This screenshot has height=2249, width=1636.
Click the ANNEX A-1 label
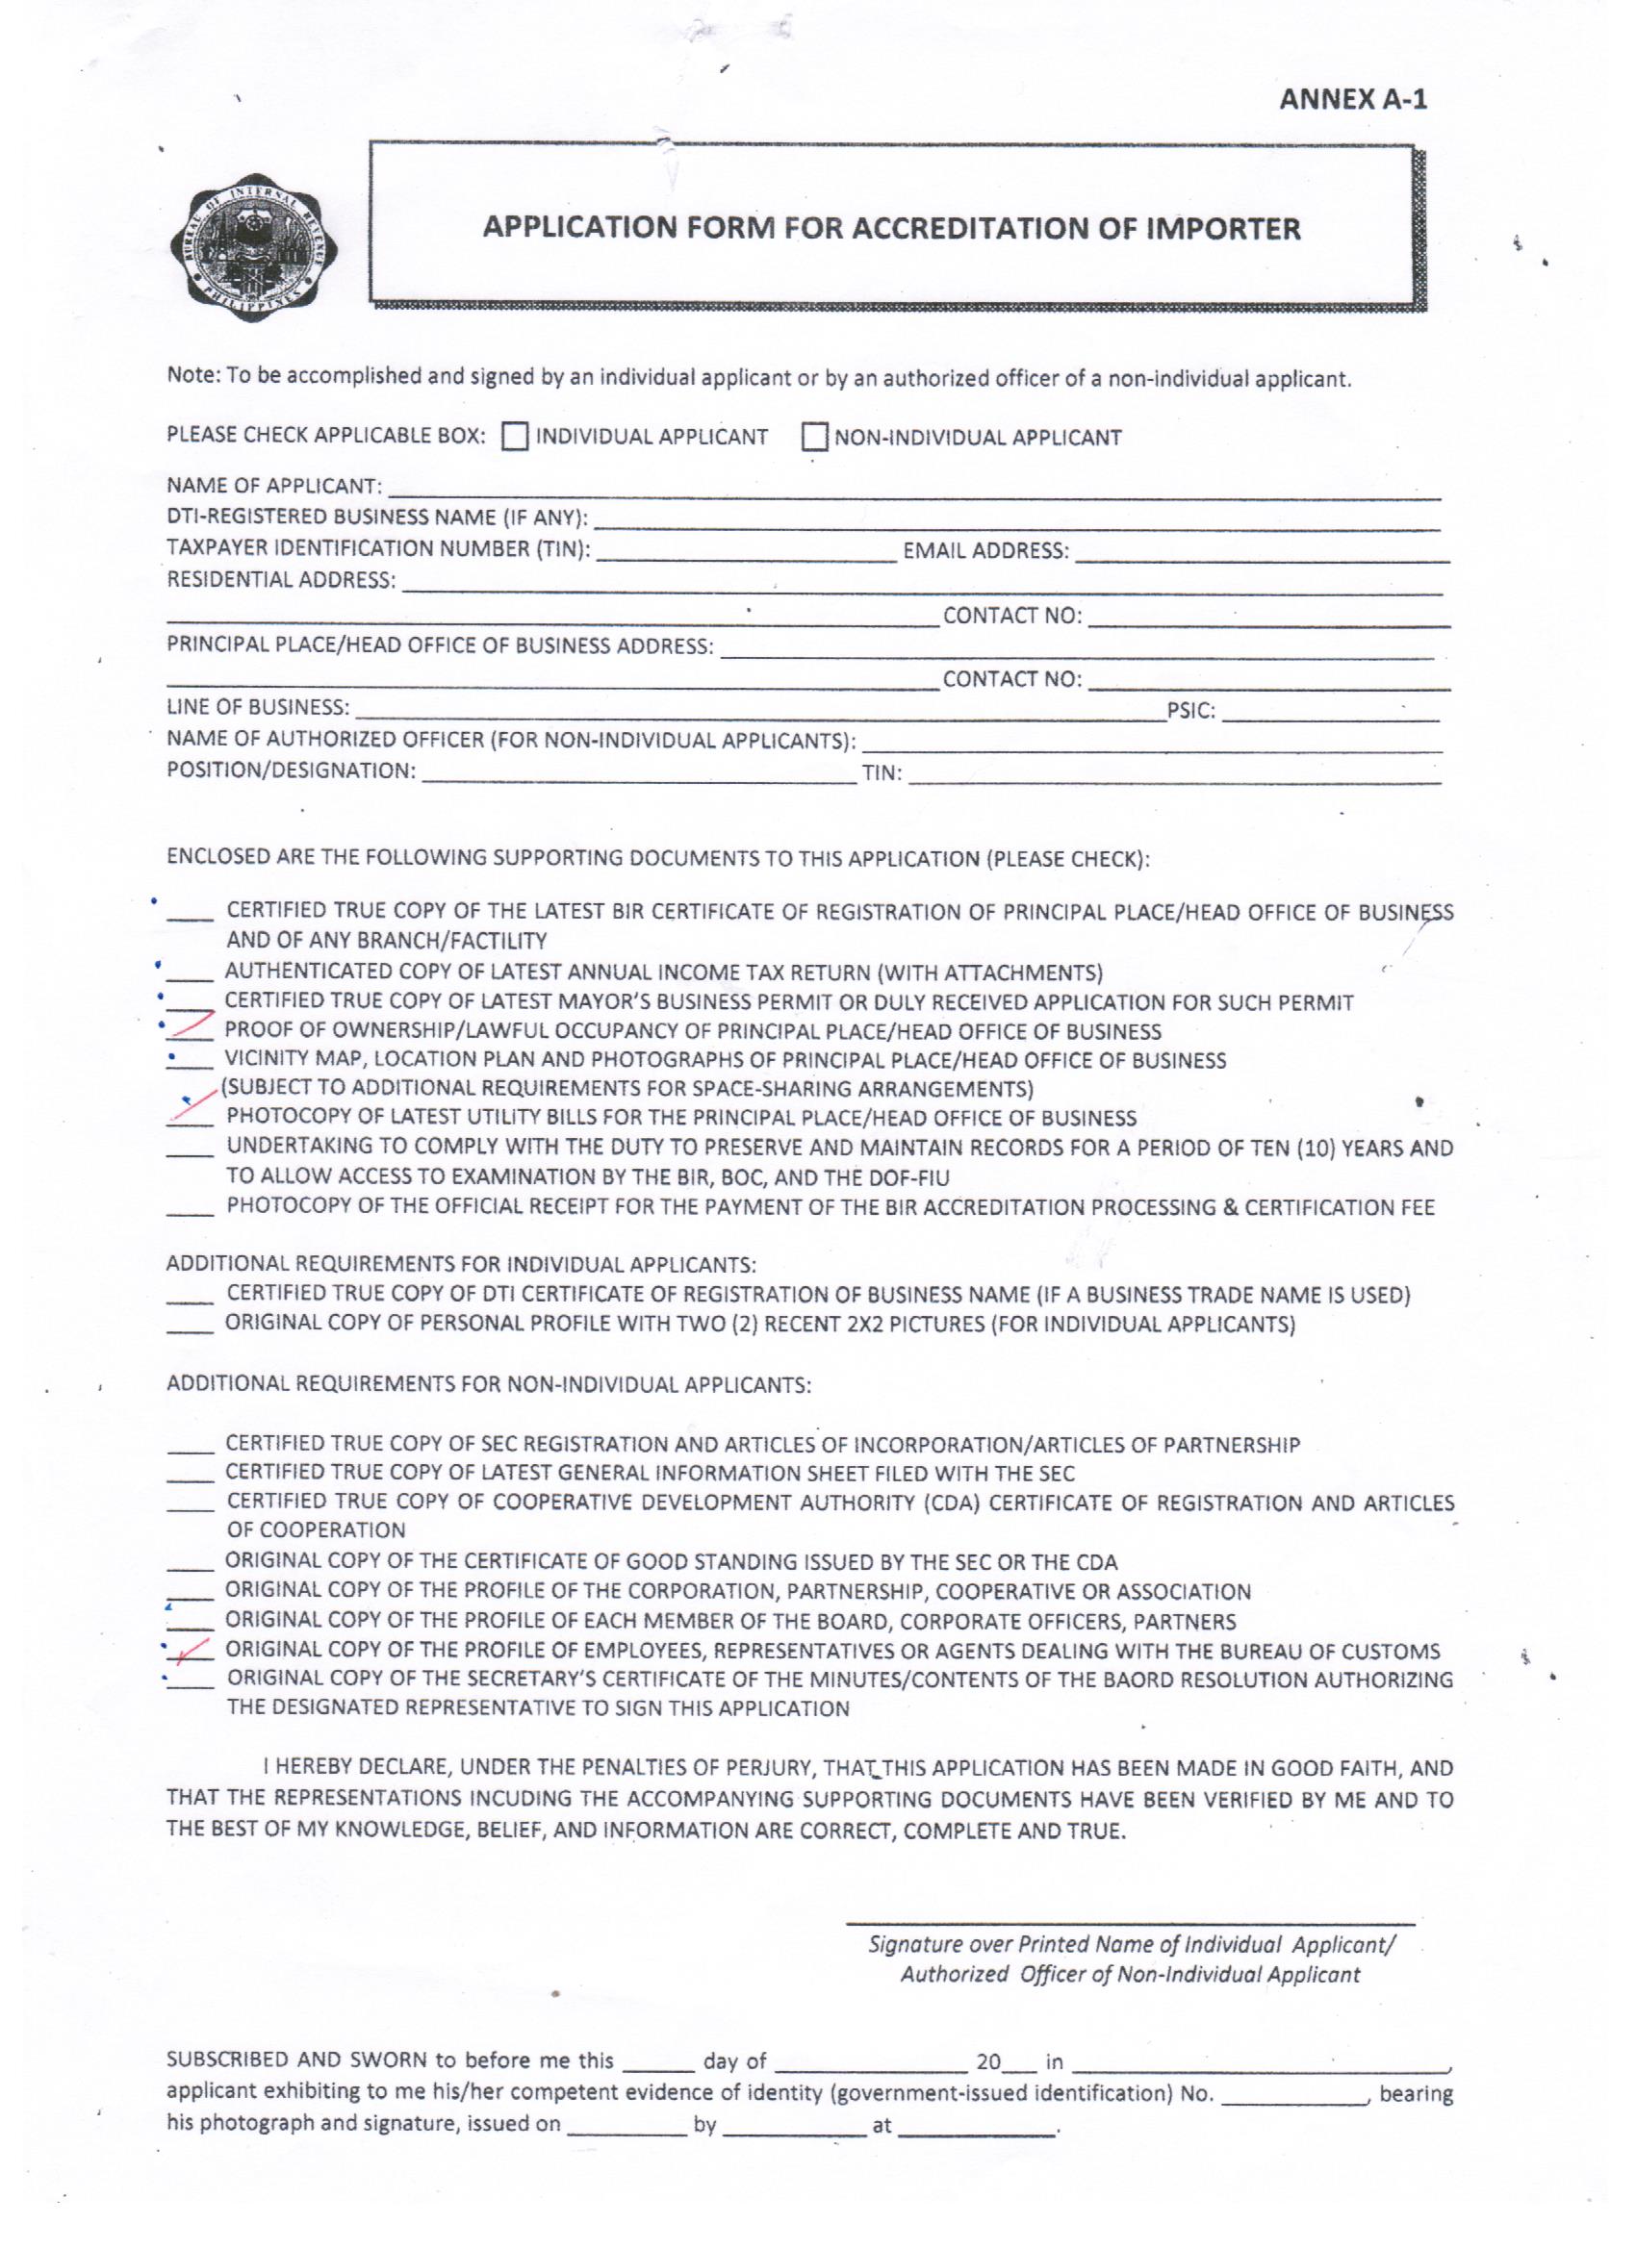(x=1352, y=100)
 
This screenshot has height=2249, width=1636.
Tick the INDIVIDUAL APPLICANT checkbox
(x=514, y=438)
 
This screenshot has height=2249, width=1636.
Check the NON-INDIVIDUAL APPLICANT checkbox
(x=814, y=438)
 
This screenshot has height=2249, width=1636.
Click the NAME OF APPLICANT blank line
(x=912, y=490)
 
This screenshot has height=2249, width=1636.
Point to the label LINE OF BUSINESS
(x=258, y=707)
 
